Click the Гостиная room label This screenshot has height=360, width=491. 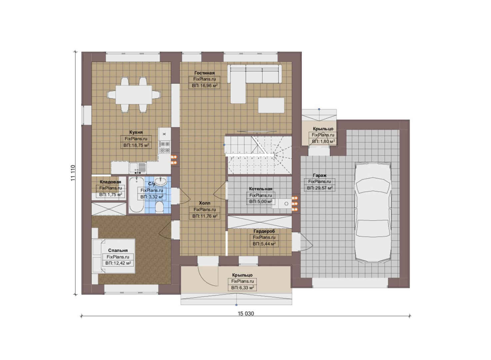204,73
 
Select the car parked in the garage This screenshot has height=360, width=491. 373,212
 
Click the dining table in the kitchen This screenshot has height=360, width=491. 134,95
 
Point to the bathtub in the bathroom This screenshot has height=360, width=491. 136,195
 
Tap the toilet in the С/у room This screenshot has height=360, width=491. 159,207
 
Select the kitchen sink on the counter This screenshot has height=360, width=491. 138,168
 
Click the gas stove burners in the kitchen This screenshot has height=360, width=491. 165,147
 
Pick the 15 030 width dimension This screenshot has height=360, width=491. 246,313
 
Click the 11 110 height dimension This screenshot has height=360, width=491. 73,173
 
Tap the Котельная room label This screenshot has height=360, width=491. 260,189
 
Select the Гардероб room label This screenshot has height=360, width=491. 264,231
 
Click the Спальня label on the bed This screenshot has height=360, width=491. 118,251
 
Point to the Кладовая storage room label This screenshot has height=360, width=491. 111,182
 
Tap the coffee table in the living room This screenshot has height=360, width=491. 271,105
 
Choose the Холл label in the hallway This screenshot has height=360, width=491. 205,203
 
